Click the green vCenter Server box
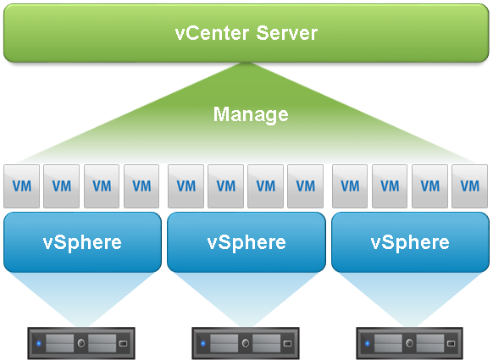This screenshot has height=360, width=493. click(x=246, y=33)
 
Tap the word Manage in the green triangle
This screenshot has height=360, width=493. click(x=251, y=114)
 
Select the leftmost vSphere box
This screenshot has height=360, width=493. click(x=82, y=242)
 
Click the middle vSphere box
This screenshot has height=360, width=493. click(x=246, y=242)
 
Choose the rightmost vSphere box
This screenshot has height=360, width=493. click(x=410, y=242)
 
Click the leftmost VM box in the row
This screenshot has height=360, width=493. click(x=22, y=186)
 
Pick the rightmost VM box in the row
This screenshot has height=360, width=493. click(x=470, y=186)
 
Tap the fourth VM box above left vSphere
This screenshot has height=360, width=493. click(x=141, y=186)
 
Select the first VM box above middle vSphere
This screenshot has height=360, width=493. click(x=186, y=186)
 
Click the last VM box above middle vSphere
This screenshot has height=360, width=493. click(x=305, y=186)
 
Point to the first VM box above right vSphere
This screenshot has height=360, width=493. click(x=350, y=186)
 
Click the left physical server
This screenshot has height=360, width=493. click(x=81, y=343)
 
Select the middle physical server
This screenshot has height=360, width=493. click(x=246, y=343)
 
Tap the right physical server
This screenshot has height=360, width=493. click(x=410, y=343)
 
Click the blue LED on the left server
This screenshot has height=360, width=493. click(x=39, y=343)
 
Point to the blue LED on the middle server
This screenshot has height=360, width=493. click(x=202, y=343)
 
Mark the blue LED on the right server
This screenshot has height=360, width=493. click(x=368, y=343)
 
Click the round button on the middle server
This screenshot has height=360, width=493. click(x=246, y=343)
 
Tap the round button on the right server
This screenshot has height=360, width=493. click(x=409, y=343)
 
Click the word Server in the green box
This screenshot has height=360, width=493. click(x=287, y=33)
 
